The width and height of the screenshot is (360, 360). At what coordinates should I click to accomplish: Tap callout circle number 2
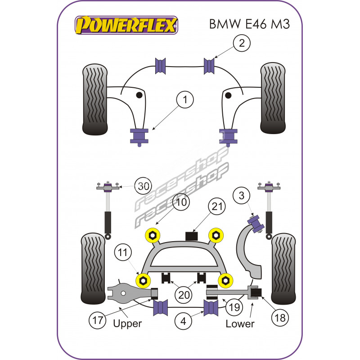pyautogui.click(x=242, y=44)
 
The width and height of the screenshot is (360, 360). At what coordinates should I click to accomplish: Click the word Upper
pyautogui.click(x=127, y=323)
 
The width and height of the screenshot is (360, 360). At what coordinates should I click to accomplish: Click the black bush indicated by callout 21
pyautogui.click(x=193, y=236)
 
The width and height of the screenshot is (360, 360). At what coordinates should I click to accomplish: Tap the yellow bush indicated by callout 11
pyautogui.click(x=144, y=280)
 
